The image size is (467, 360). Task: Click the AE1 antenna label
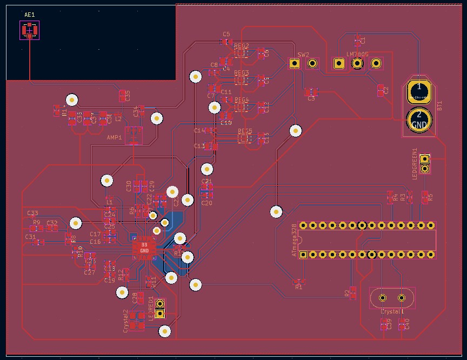pyautogui.click(x=30, y=14)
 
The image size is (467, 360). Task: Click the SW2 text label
pyautogui.click(x=303, y=55)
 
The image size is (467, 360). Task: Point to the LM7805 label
pyautogui.click(x=357, y=55)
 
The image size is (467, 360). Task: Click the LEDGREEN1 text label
pyautogui.click(x=415, y=163)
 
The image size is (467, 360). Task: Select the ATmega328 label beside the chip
pyautogui.click(x=294, y=241)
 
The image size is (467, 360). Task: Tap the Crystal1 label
pyautogui.click(x=392, y=312)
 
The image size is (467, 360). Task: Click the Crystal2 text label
pyautogui.click(x=125, y=320)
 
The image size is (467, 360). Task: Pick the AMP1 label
pyautogui.click(x=115, y=138)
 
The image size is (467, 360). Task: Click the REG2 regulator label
pyautogui.click(x=242, y=46)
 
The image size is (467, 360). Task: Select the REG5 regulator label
pyautogui.click(x=245, y=131)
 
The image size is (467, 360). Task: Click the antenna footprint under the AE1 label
pyautogui.click(x=30, y=30)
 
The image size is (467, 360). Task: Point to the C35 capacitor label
pyautogui.click(x=128, y=96)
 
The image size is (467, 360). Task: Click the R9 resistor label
pyautogui.click(x=36, y=223)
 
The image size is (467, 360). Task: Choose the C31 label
pyautogui.click(x=30, y=237)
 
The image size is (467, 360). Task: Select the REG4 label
pyautogui.click(x=242, y=100)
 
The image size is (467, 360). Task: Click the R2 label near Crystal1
pyautogui.click(x=347, y=293)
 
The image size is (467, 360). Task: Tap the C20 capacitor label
pyautogui.click(x=206, y=203)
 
